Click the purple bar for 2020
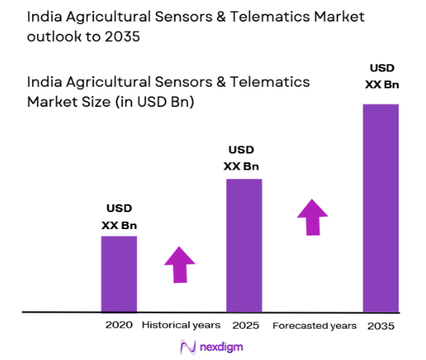(x=118, y=273)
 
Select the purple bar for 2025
(x=244, y=245)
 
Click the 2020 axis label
(x=118, y=325)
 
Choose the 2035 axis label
(x=381, y=325)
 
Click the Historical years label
(x=181, y=325)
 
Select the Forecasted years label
(x=314, y=325)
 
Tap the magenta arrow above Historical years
(x=180, y=264)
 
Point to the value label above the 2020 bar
(x=118, y=217)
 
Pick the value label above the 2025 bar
(x=244, y=158)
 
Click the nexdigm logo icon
(x=189, y=347)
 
